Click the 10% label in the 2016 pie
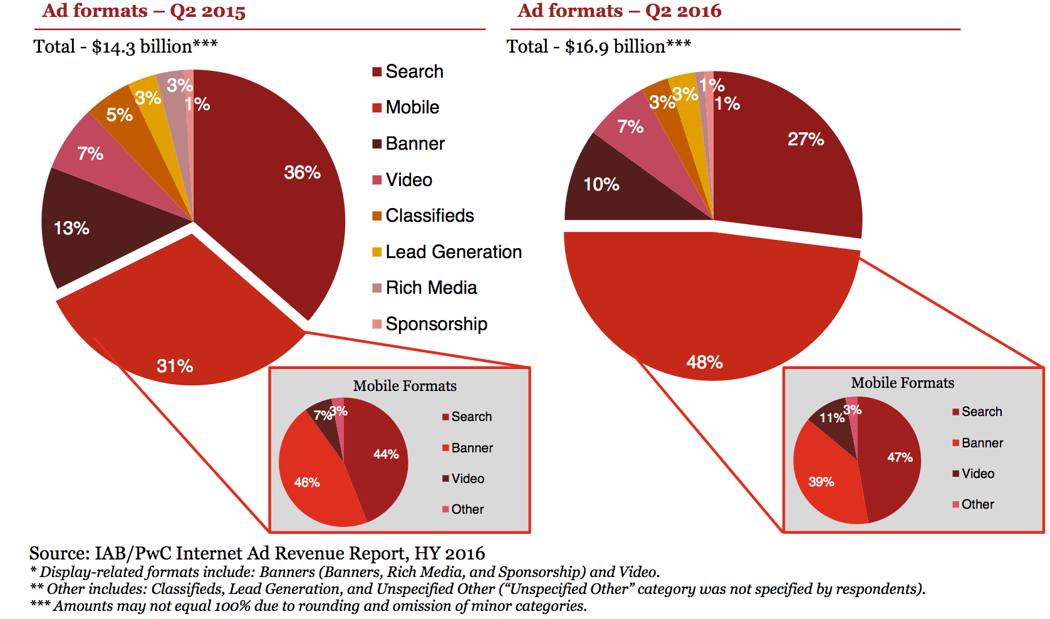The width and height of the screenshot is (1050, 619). [x=601, y=184]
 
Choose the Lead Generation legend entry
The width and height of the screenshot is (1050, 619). [x=453, y=252]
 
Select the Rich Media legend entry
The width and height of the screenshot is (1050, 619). [x=430, y=288]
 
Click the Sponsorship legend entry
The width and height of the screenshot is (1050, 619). [x=435, y=324]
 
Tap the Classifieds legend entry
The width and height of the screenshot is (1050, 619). [x=429, y=216]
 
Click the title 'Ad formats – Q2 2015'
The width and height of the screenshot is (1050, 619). [x=144, y=11]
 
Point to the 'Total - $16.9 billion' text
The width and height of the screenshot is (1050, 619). [x=598, y=46]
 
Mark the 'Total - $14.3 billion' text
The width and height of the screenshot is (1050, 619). [x=125, y=46]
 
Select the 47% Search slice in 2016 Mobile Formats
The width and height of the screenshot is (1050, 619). [x=893, y=464]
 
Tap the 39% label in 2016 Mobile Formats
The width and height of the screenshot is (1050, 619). [x=821, y=482]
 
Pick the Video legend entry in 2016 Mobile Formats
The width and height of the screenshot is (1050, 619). [x=977, y=474]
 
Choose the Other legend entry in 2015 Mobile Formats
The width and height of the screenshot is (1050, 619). [x=467, y=509]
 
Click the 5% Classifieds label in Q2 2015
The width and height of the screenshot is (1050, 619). [x=119, y=115]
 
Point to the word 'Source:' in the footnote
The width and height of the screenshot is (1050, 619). [x=60, y=553]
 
